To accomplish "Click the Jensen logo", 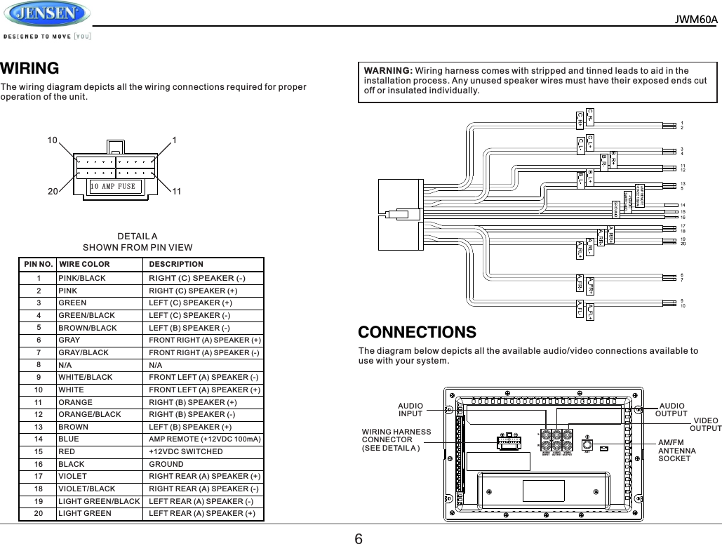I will (46, 15).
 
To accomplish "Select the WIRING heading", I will (29, 68).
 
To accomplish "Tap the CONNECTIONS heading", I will (417, 331).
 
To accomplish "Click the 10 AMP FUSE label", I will (112, 187).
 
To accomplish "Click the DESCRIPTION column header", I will (176, 265).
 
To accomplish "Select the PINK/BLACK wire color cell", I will (81, 278).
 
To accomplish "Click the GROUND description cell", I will (166, 464).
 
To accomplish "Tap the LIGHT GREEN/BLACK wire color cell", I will (98, 501).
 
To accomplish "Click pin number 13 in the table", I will (39, 427).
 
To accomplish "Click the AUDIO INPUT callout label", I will (410, 409).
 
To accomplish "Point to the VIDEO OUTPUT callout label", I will (705, 424).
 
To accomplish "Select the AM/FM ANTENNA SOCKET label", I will (677, 450).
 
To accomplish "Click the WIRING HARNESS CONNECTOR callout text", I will (396, 439).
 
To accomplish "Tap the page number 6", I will (359, 538).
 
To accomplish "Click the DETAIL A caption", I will (138, 237).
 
